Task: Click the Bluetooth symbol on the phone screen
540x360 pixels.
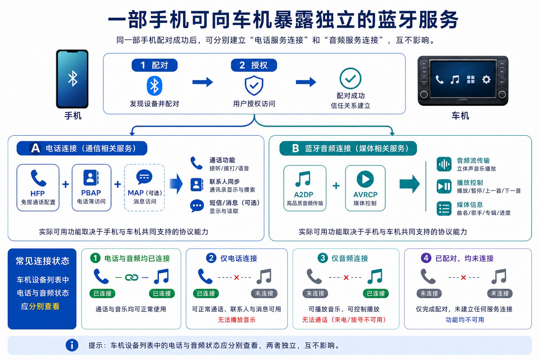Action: [x=72, y=79]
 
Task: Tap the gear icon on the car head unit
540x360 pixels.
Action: [x=486, y=79]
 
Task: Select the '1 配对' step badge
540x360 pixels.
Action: [x=155, y=65]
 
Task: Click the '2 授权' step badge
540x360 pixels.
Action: [x=254, y=65]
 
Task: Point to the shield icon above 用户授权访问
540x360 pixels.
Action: [x=254, y=85]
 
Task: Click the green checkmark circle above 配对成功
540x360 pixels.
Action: [x=350, y=78]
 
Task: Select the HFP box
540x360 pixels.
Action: [x=38, y=188]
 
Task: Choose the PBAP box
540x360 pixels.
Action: [x=91, y=188]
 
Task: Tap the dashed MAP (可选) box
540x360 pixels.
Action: [x=144, y=188]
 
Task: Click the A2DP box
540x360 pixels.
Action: [x=305, y=188]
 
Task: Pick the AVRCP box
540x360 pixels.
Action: [x=365, y=188]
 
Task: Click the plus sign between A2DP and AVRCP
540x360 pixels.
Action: [x=336, y=186]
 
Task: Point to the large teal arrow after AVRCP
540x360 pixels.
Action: [x=410, y=184]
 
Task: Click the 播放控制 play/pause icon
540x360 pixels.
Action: [x=444, y=186]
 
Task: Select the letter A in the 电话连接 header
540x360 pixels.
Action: [x=36, y=148]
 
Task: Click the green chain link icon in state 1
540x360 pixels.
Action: [x=131, y=277]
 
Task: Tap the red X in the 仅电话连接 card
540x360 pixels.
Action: [x=236, y=277]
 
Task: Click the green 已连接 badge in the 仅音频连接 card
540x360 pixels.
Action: [x=376, y=294]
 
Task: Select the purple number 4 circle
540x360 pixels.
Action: [x=426, y=258]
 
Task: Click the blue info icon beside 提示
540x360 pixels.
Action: [x=72, y=345]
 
